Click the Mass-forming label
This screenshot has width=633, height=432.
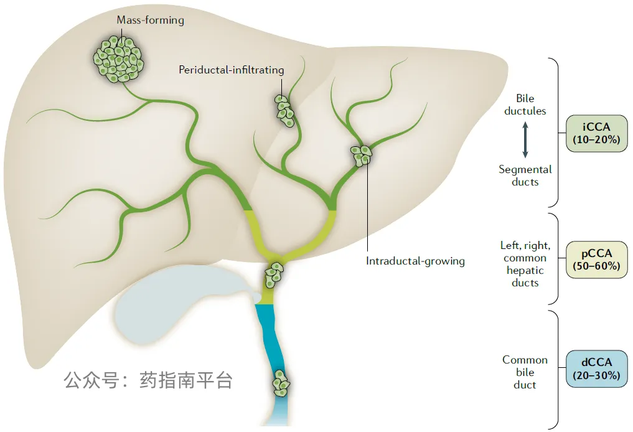click(x=150, y=20)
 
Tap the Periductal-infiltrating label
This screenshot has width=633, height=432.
click(x=232, y=70)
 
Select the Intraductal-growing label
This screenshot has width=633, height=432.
click(x=415, y=261)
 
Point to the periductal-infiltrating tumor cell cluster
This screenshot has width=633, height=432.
click(x=284, y=111)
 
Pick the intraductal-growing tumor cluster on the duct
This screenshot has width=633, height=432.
click(x=361, y=156)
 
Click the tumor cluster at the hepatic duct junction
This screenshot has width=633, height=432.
click(x=274, y=275)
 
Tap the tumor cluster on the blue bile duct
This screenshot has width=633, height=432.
click(x=281, y=383)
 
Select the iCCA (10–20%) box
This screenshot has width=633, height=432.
click(x=596, y=133)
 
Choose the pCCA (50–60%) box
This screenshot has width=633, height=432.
click(x=596, y=260)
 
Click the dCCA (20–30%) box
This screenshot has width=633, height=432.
click(x=596, y=369)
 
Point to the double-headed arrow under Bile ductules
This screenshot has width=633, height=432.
click(x=525, y=139)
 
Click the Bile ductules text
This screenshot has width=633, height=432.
click(x=525, y=105)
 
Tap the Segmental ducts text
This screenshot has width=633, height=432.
click(x=525, y=176)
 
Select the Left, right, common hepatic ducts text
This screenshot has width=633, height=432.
click(x=525, y=264)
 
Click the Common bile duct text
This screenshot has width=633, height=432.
click(x=525, y=372)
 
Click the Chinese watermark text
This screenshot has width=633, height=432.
click(x=148, y=380)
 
